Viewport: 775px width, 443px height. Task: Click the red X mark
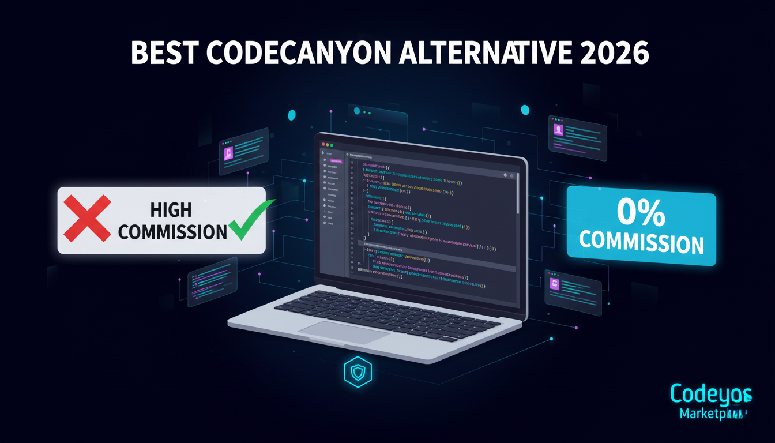point(87,218)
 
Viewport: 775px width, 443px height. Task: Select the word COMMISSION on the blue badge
point(641,242)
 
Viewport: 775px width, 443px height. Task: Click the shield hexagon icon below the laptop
point(358,373)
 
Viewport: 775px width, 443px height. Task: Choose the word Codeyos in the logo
point(711,395)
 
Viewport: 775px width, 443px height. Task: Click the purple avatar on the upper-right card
point(558,130)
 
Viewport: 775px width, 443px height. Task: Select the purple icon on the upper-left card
point(228,152)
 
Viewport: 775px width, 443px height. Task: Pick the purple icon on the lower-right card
point(556,283)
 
